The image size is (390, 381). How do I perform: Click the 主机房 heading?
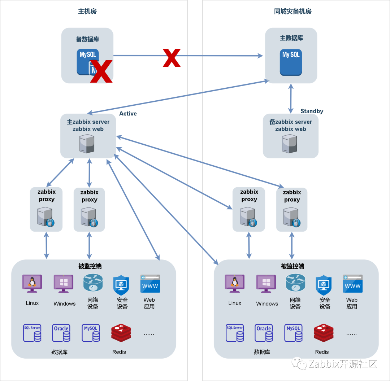pos(87,11)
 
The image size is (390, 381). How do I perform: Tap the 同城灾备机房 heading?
pos(292,11)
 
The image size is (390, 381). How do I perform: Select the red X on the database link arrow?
pos(172,58)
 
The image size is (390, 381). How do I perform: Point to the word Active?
pos(128,114)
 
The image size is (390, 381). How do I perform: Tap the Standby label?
pos(312,111)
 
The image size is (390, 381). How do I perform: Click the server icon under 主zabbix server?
pos(87,144)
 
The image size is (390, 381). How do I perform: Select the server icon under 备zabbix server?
pos(290,144)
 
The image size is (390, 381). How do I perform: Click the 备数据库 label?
pos(87,39)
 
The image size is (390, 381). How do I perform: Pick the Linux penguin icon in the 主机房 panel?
pos(32,283)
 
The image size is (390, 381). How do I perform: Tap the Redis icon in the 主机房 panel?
pos(121,333)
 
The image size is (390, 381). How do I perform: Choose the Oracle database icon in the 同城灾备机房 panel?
pos(264,333)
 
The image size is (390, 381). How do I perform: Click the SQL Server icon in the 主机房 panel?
pos(32,333)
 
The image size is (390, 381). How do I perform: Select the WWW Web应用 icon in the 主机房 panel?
pos(150,284)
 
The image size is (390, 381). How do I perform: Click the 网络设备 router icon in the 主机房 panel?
pos(93,283)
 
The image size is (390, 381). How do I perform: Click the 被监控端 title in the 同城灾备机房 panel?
pos(292,266)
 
